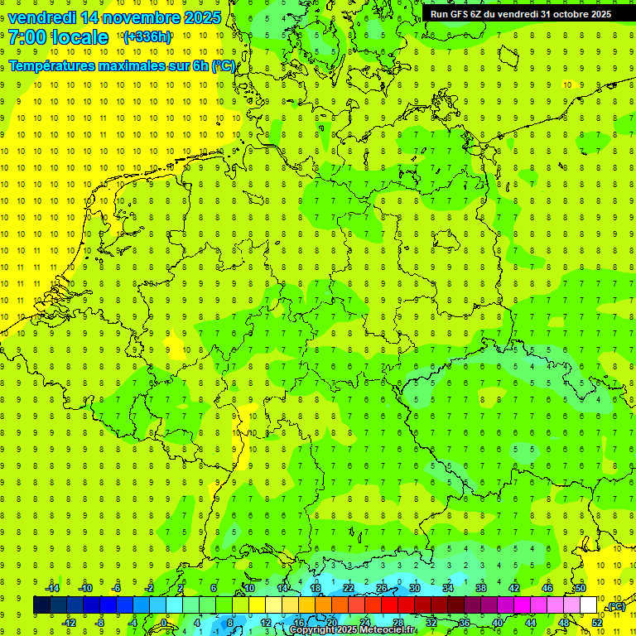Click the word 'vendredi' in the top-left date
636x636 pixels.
(41, 17)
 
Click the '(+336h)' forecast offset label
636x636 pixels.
(147, 37)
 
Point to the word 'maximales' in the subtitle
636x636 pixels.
(126, 66)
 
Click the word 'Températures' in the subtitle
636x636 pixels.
(49, 66)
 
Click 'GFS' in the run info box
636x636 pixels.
(461, 14)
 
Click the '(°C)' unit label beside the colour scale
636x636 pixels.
(615, 606)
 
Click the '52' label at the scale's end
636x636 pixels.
(597, 622)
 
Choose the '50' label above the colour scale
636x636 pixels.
(581, 588)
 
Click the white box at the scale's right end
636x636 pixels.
(589, 605)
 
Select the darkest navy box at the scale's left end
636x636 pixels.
(41, 605)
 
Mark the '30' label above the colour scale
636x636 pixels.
(415, 588)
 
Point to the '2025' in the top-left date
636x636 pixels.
(201, 17)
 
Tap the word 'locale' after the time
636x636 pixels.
(81, 37)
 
